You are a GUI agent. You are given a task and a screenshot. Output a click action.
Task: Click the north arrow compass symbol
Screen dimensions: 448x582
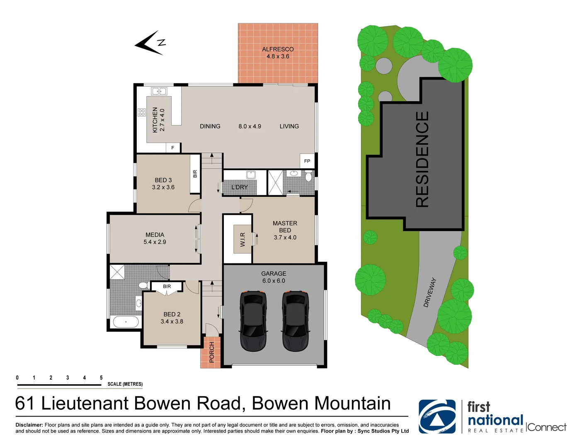[150, 43]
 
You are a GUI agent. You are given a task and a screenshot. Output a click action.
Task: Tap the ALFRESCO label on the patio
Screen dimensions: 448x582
[278, 49]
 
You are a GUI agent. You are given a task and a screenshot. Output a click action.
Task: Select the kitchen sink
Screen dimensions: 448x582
[159, 91]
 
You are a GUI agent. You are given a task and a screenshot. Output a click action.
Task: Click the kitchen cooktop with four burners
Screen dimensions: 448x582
[142, 112]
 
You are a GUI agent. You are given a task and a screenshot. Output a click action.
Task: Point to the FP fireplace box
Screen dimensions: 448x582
[307, 161]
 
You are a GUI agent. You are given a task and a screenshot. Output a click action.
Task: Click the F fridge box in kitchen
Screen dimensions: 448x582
[173, 148]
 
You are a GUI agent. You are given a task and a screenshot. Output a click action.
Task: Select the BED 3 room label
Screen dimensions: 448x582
[163, 180]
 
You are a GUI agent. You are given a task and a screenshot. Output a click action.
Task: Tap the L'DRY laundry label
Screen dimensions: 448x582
[240, 187]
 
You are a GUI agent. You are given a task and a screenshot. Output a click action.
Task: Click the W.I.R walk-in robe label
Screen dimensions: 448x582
[243, 239]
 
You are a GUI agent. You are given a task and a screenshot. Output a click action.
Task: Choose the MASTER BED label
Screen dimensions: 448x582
[285, 226]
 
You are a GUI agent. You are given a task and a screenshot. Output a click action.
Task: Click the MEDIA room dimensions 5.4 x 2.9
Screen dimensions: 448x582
[155, 242]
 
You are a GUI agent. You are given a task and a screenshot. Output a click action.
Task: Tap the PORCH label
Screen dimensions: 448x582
[212, 352]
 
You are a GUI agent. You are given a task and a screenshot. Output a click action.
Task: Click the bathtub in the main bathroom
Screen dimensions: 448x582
[126, 321]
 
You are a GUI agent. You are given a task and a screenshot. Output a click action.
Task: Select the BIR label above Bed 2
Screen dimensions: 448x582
[167, 287]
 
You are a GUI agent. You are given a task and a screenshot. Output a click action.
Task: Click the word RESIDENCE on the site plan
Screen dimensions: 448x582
[422, 160]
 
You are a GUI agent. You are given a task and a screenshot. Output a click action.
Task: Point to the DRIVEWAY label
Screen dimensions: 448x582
[430, 292]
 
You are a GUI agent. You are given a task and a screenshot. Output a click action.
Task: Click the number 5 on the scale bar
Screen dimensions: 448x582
[101, 377]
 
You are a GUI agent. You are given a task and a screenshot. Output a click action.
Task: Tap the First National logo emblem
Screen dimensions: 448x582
[437, 416]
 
